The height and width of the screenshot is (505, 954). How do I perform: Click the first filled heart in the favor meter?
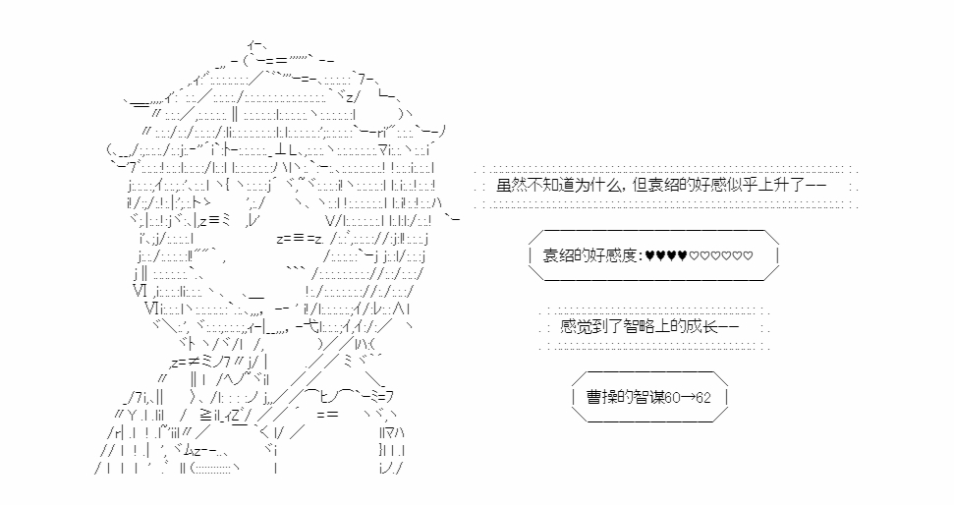click(x=650, y=257)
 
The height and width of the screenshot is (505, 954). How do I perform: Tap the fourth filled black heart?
click(x=682, y=257)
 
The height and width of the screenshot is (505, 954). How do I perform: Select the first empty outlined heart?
click(x=694, y=257)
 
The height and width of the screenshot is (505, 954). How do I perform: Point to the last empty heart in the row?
click(x=749, y=257)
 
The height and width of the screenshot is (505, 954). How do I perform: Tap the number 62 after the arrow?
click(x=703, y=398)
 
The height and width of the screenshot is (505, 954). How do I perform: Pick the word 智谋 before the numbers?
click(x=646, y=398)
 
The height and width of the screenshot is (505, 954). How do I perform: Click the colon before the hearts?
click(x=642, y=257)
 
